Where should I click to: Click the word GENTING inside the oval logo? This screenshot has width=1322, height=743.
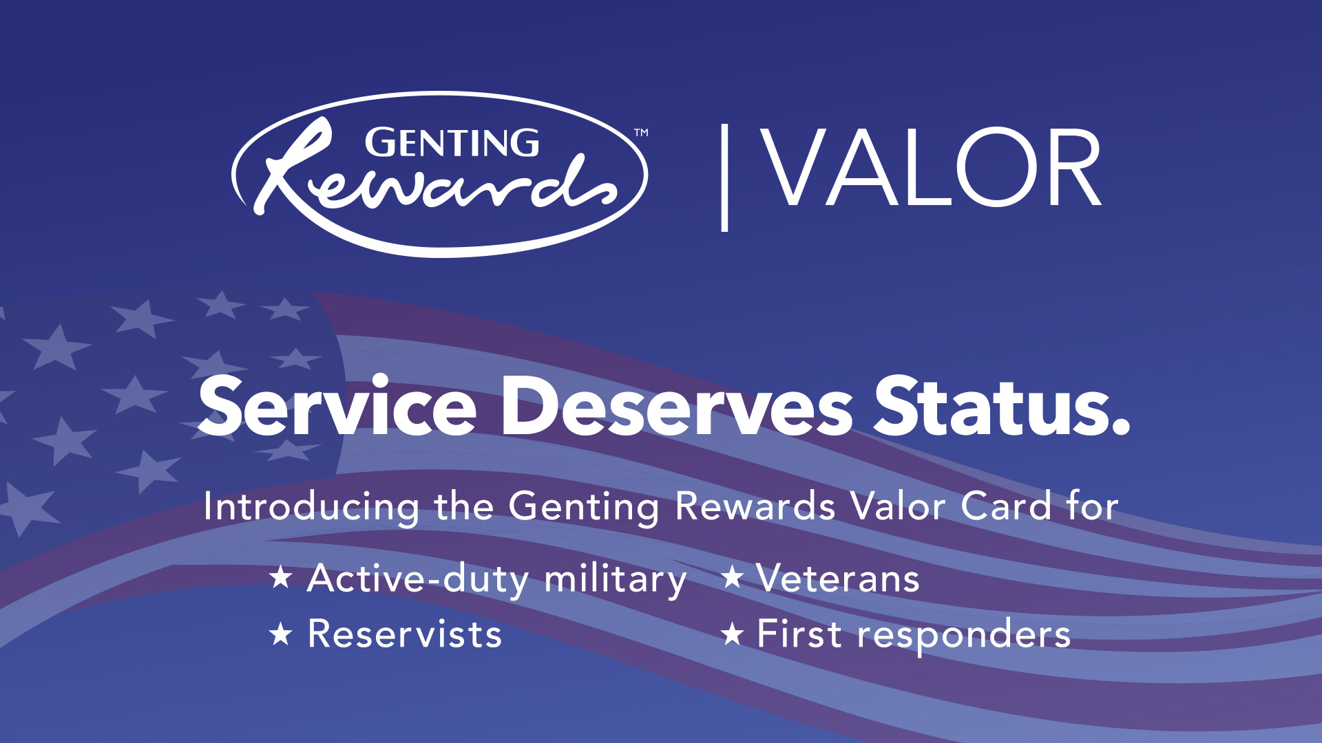[x=452, y=143]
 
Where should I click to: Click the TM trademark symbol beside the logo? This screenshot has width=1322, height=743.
[x=641, y=132]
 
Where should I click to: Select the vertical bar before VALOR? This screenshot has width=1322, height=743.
[x=724, y=177]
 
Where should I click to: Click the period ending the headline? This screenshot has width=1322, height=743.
[x=1120, y=427]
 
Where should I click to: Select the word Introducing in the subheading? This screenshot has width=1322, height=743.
[x=311, y=508]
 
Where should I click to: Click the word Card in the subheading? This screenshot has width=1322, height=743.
[x=1006, y=506]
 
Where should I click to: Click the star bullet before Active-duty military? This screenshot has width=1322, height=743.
[x=281, y=577]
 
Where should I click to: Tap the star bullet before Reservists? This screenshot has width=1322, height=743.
[x=281, y=634]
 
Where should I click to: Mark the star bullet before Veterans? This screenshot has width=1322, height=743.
[x=732, y=577]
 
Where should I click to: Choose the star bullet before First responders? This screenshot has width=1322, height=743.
[x=732, y=634]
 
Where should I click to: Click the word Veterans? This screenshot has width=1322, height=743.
[x=838, y=578]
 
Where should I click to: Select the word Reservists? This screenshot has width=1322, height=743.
[x=405, y=634]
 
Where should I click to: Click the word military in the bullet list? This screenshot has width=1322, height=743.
[x=616, y=580]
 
